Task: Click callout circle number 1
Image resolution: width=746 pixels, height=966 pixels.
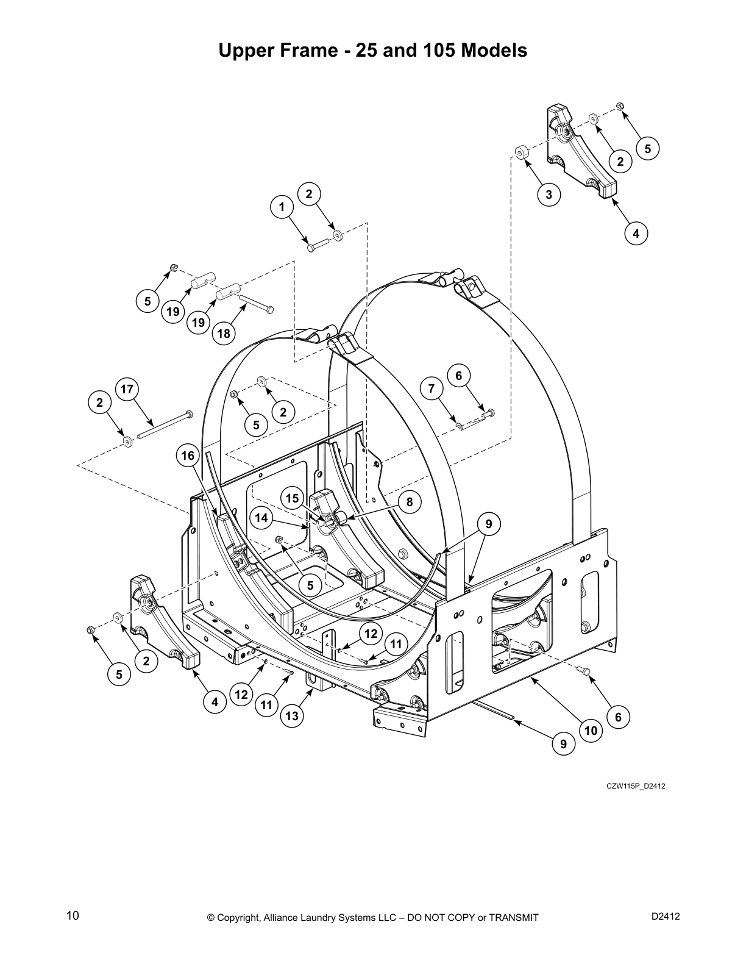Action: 282,207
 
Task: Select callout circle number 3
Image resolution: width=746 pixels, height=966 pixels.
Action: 549,195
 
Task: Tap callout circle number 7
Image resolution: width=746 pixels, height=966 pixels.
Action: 432,388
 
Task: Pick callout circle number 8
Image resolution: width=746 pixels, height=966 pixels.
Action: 410,502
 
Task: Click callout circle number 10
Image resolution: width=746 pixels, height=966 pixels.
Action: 590,730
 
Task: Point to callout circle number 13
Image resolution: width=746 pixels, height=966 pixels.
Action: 292,716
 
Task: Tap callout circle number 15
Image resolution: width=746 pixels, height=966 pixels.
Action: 293,498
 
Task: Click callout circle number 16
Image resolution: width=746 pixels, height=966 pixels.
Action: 188,456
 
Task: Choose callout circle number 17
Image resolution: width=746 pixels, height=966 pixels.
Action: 127,388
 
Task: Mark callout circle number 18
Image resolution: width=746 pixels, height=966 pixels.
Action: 224,334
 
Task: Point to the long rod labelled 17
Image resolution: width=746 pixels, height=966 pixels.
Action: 165,425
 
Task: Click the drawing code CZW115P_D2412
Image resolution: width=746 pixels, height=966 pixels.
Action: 635,785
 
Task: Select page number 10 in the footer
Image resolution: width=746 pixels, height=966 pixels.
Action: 73,915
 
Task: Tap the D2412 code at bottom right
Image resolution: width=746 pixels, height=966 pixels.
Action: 666,916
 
